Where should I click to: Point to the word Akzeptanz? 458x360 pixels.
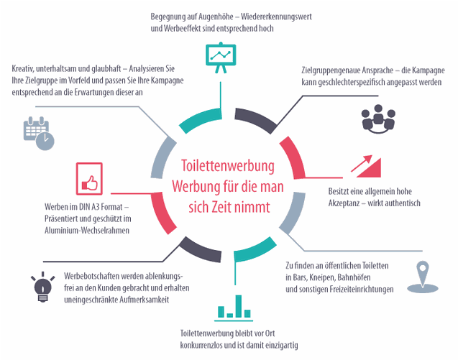(x=342, y=203)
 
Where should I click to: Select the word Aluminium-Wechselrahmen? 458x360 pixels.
(x=87, y=230)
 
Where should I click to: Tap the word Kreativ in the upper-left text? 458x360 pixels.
(x=26, y=68)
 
